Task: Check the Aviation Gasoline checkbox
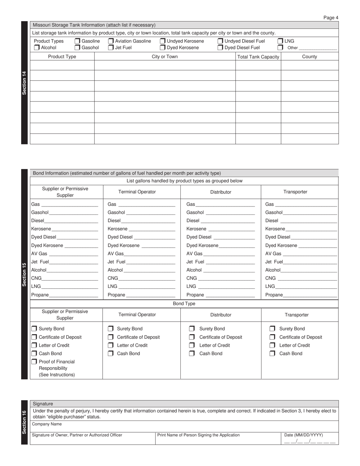point(111,41)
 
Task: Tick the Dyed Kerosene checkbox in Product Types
point(163,48)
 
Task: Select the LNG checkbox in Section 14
point(280,41)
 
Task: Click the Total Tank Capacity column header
point(258,57)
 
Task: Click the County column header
point(309,57)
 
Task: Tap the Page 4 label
point(331,17)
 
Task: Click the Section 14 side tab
point(24,83)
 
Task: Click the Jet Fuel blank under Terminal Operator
point(151,262)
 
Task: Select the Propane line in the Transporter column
point(310,295)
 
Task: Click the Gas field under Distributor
point(225,205)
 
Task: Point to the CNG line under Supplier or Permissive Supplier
point(70,278)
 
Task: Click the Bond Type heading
point(184,304)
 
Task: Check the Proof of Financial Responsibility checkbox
point(34,362)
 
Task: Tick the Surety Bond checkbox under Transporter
point(272,329)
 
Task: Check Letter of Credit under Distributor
point(192,346)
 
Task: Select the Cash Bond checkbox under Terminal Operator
point(110,354)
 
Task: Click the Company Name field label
point(47,424)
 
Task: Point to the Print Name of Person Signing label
point(198,435)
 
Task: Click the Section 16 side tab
point(24,422)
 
